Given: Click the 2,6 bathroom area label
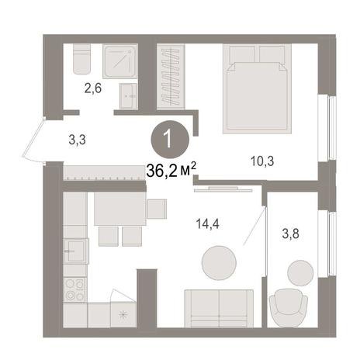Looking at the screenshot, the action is tap(93, 88).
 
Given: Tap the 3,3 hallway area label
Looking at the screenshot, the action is tap(78, 140).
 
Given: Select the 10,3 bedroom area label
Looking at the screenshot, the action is tap(262, 161).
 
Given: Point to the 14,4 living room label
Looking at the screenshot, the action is tap(208, 224).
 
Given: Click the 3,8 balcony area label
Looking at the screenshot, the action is tap(291, 234).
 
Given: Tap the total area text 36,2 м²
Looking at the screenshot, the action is tap(171, 171).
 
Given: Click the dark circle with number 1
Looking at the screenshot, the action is tap(170, 140).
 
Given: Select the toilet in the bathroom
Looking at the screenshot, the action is tap(81, 59).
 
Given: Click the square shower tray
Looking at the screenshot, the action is tap(120, 61).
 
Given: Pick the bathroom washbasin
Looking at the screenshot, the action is tap(128, 96).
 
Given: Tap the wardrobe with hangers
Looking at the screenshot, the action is tap(171, 76).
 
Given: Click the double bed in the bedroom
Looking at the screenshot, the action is tap(257, 88).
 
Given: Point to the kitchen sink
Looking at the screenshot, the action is tap(76, 251).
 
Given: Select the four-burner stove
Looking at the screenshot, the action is tap(74, 289).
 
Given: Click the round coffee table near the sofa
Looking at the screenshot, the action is tap(219, 263).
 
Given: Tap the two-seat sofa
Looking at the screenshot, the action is tap(219, 309).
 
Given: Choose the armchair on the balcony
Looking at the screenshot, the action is tap(289, 308).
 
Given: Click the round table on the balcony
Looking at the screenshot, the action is tap(300, 273).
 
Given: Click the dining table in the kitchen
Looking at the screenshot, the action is tap(119, 209).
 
